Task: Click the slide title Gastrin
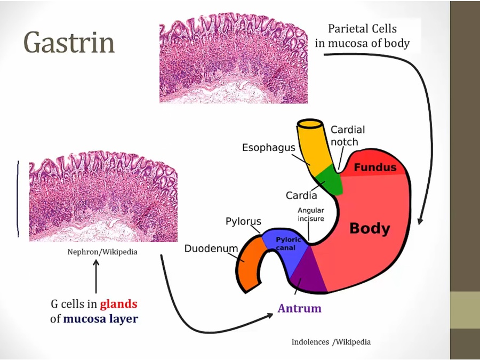(69, 43)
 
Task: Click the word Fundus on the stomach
(375, 167)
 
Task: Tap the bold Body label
(370, 229)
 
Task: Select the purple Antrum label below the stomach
(299, 308)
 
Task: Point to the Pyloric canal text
(289, 244)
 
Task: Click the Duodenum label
(211, 249)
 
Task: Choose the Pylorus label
(243, 221)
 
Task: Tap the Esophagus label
(268, 147)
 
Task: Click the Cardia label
(301, 196)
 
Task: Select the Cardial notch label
(348, 135)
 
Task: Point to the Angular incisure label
(311, 214)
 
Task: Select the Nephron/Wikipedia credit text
(102, 252)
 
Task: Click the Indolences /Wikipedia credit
(331, 342)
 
